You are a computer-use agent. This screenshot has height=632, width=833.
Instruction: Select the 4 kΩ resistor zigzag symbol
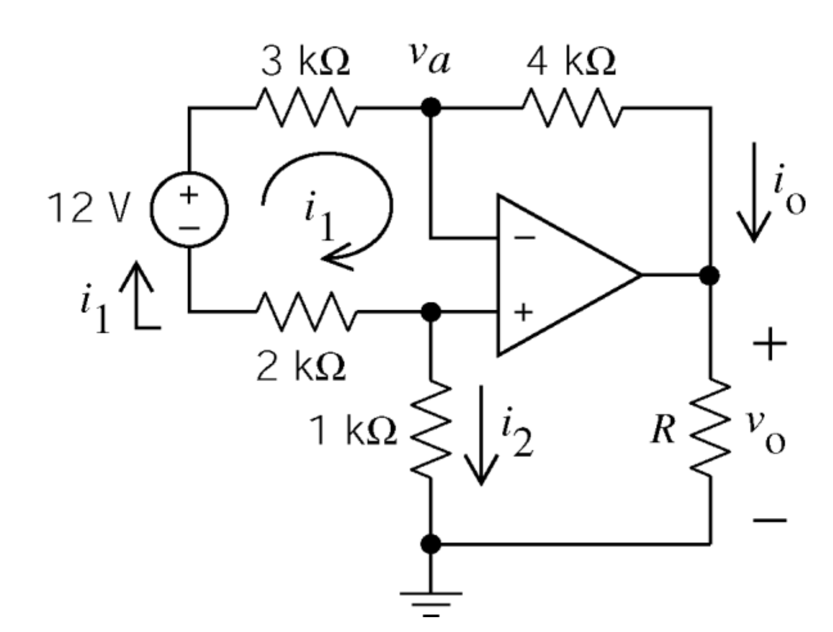[571, 108]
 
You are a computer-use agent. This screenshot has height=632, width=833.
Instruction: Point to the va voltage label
[428, 59]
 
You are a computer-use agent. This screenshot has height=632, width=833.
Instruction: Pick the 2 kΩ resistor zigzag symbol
[306, 310]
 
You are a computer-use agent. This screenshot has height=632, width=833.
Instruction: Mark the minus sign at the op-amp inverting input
[523, 238]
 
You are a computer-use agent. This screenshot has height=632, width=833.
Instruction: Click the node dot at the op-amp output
[710, 275]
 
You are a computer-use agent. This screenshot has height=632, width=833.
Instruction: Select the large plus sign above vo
[770, 344]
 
